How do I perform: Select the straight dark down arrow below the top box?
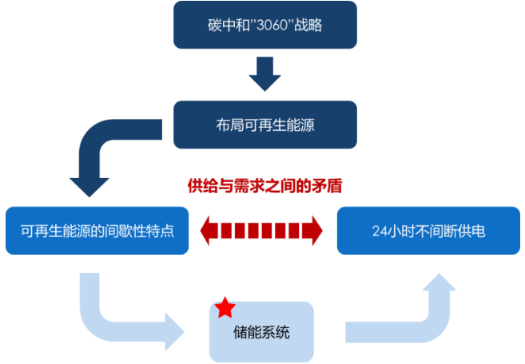coord(264,74)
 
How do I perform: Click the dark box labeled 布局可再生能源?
coord(264,124)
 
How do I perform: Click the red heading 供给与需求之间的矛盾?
coord(264,186)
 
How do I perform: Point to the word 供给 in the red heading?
coord(203,186)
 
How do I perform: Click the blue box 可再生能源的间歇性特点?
coord(97,231)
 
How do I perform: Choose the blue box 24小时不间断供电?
coord(428,231)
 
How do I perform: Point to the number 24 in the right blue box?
coord(380,231)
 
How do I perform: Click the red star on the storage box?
coord(225,307)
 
